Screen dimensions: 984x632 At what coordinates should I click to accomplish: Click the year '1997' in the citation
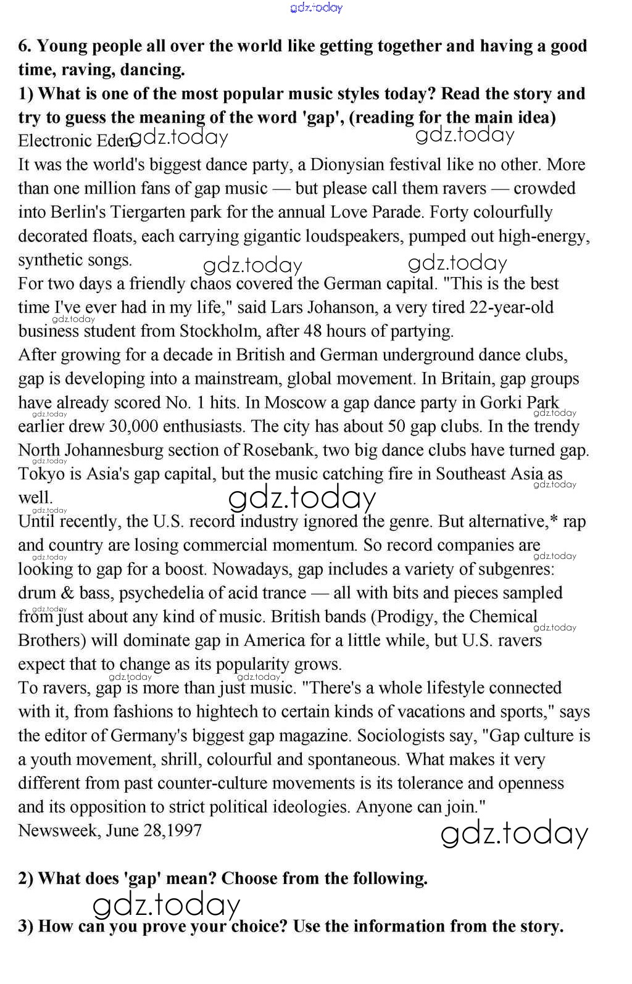click(x=185, y=830)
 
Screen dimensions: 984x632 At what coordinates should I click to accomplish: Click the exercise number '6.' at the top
click(x=25, y=46)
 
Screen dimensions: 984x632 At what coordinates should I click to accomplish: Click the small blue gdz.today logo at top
click(x=316, y=7)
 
